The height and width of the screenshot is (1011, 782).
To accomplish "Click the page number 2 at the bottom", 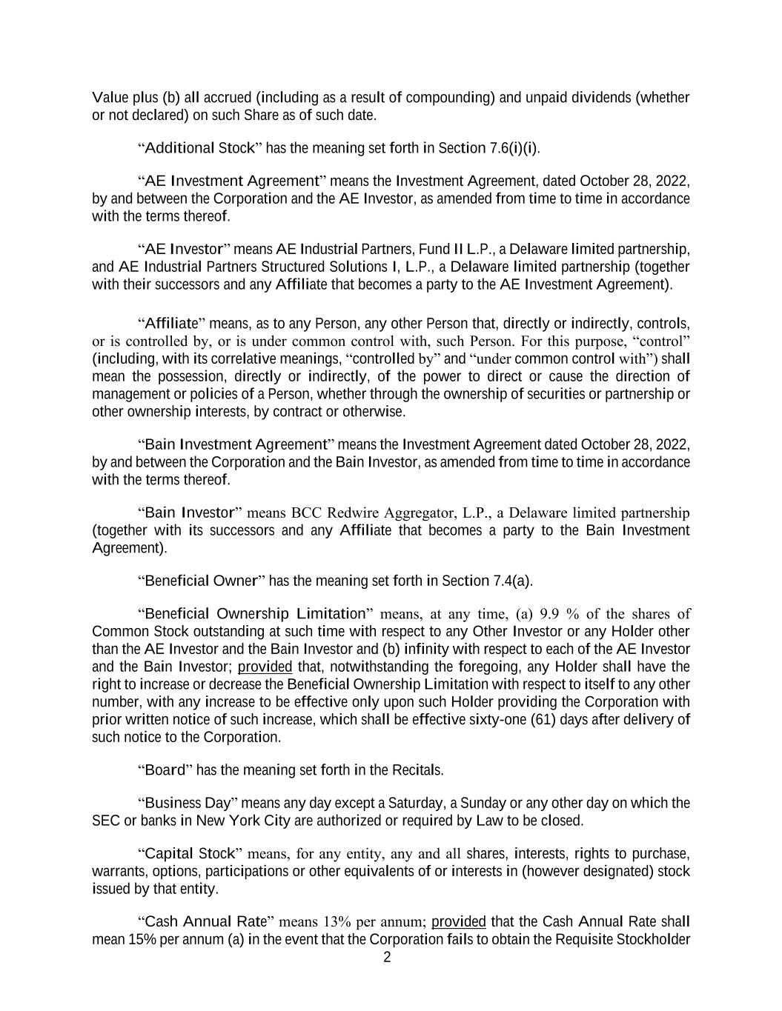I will coord(387,958).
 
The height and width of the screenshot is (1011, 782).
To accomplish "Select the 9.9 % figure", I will coord(558,614).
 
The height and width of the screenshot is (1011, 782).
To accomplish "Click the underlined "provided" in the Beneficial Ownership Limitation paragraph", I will coord(265,667).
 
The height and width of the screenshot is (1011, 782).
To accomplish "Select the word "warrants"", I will coord(119,872).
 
